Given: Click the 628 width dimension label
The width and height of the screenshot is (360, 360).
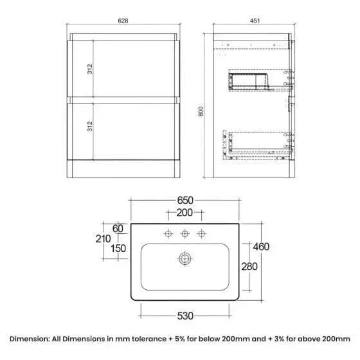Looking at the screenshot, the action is (123, 21).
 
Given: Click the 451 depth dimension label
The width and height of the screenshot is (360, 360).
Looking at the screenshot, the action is (255, 21).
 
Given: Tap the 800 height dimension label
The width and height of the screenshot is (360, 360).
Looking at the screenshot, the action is (201, 111).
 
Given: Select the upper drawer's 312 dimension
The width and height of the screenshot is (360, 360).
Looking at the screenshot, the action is (90, 69).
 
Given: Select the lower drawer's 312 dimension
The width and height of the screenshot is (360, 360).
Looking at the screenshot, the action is (90, 126).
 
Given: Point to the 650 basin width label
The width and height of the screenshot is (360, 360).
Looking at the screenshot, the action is (185, 201).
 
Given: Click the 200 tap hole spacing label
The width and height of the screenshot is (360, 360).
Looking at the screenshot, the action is (184, 213).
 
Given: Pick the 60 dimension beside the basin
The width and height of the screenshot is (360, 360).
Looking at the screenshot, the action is (118, 228).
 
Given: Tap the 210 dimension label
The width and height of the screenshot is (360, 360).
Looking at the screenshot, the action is (104, 239).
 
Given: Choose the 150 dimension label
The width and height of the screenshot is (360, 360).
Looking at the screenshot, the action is (118, 248).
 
